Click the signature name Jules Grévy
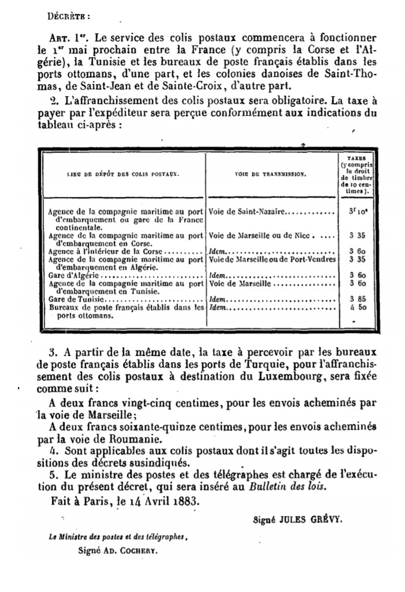pos(312,518)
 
